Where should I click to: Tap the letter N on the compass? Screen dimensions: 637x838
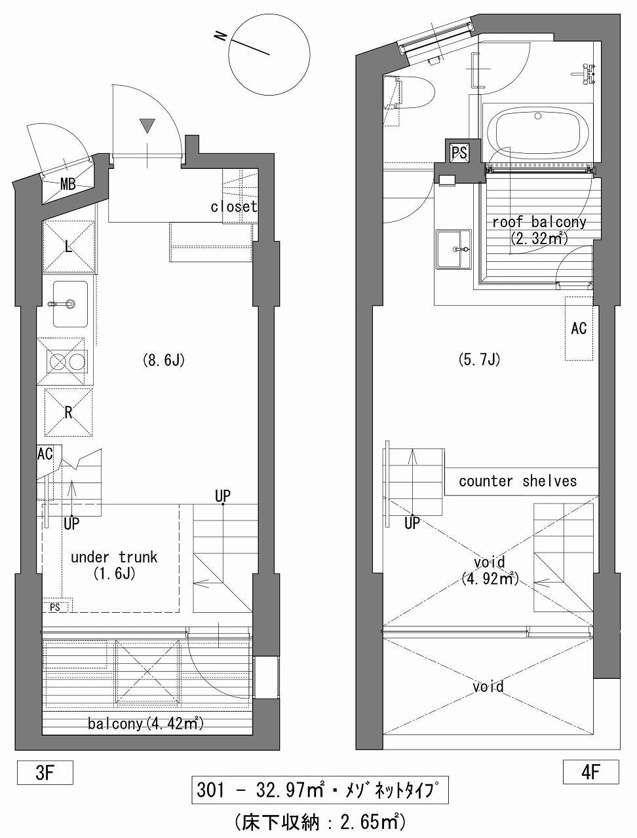(x=220, y=36)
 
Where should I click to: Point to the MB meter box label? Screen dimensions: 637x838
(x=68, y=185)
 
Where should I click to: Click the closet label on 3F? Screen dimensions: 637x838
(x=234, y=206)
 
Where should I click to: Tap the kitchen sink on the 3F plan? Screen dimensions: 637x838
(x=70, y=304)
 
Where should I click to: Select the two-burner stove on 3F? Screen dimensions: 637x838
(x=66, y=361)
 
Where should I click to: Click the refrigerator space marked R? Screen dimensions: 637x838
(x=69, y=412)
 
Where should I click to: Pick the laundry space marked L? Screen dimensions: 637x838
(x=68, y=247)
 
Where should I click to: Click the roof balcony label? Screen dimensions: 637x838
(x=539, y=229)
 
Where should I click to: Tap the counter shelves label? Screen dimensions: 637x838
(x=518, y=481)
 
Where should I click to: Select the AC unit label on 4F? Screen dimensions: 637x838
(x=579, y=328)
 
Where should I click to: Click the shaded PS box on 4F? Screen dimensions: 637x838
(x=459, y=153)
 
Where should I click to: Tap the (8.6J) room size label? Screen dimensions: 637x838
(x=163, y=360)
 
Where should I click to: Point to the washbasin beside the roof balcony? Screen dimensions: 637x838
(x=454, y=249)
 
